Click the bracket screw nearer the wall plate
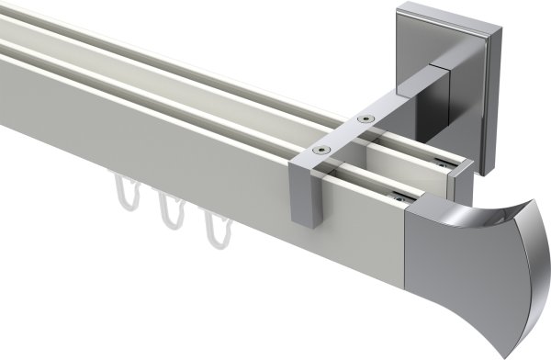click(x=365, y=118)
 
